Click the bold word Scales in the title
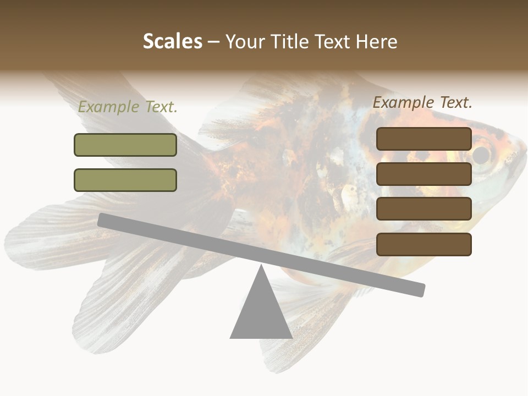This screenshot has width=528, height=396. tap(172, 42)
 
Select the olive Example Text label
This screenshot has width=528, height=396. tap(128, 107)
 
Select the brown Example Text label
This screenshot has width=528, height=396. tap(422, 102)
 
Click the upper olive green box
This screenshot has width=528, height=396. tap(125, 145)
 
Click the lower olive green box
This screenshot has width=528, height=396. tap(125, 180)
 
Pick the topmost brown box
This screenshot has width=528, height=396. tap(424, 139)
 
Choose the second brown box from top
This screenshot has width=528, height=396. tap(424, 174)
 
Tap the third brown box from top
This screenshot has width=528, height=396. tap(424, 209)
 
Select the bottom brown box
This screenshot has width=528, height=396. tap(424, 244)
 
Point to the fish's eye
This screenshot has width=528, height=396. tap(482, 155)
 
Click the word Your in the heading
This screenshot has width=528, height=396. tap(245, 42)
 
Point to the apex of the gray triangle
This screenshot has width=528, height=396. tap(261, 267)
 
